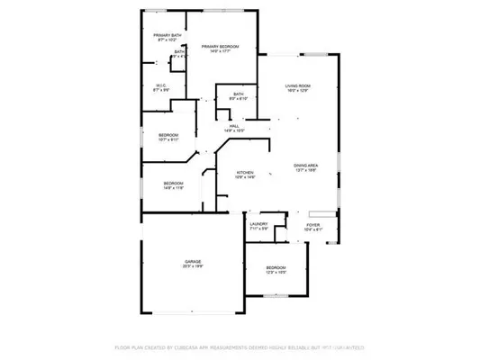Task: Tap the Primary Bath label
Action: click(168, 35)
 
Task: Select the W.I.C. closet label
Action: click(162, 85)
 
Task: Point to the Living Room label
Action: click(296, 85)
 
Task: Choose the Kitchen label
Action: click(245, 172)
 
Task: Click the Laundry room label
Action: click(259, 224)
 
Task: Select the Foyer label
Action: click(312, 225)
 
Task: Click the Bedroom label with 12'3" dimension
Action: click(276, 268)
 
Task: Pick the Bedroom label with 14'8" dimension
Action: click(174, 183)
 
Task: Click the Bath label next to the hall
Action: click(238, 94)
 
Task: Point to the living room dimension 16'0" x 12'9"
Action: click(296, 91)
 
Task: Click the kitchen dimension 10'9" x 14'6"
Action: click(245, 177)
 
